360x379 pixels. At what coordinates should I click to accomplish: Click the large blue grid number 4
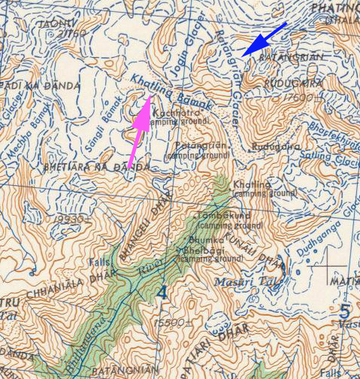[x=162, y=290]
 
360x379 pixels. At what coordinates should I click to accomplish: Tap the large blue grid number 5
[x=344, y=309]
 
